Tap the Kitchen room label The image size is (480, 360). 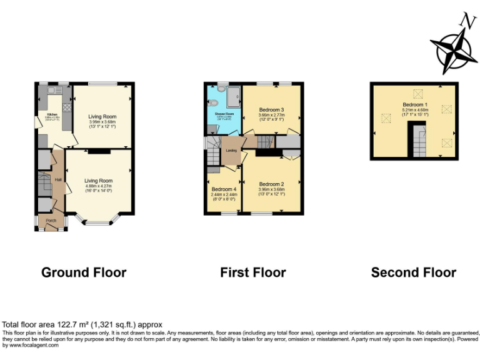44,114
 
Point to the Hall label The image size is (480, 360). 58,179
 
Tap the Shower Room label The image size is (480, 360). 224,114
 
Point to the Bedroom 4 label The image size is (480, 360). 224,189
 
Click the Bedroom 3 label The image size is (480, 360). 272,110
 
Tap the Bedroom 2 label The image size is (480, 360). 272,184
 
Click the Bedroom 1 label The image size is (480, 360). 415,104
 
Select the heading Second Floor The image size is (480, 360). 413,272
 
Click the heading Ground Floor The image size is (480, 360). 84,272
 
